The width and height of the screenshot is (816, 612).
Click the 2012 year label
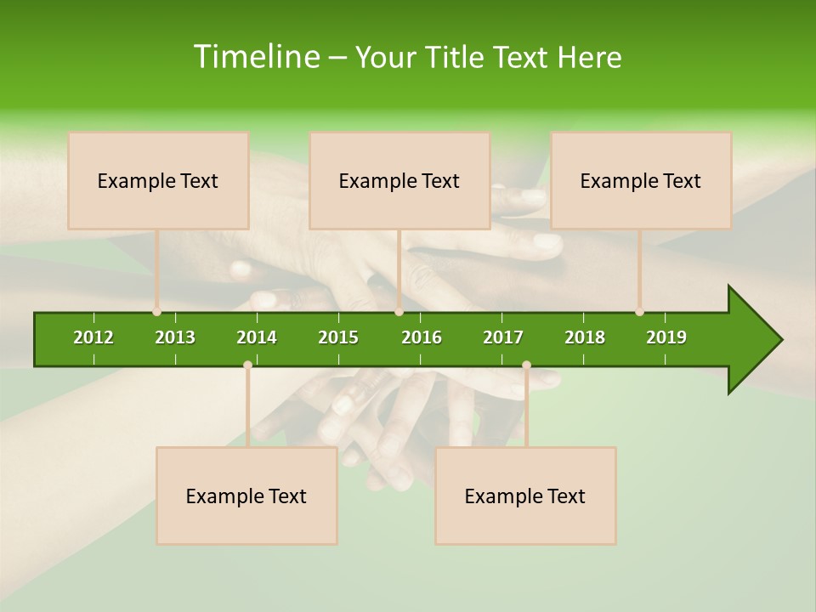[x=93, y=337]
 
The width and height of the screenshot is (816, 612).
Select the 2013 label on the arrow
[x=175, y=337]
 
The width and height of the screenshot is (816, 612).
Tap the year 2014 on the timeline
[x=257, y=337]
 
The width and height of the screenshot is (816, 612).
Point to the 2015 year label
[x=338, y=337]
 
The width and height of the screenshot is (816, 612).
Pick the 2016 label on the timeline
[x=422, y=337]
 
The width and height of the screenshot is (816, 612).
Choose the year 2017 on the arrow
[x=503, y=337]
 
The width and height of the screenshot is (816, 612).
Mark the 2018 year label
[x=585, y=337]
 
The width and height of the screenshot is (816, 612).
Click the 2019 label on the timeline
[x=666, y=337]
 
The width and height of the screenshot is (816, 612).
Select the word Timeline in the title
[x=256, y=57]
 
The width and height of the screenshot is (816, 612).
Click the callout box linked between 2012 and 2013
[x=158, y=180]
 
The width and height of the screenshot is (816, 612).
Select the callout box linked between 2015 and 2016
[x=399, y=180]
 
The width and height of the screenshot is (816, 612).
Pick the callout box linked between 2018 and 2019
[x=641, y=180]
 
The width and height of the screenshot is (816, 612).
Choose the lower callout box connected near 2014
[x=246, y=496]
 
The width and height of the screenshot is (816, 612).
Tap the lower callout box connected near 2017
[x=525, y=496]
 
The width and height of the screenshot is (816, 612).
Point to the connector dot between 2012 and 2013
[x=156, y=312]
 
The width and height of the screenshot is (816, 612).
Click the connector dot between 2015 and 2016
[x=399, y=312]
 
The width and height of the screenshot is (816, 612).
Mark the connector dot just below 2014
[x=247, y=365]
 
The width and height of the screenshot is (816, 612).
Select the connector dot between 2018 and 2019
[x=639, y=312]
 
